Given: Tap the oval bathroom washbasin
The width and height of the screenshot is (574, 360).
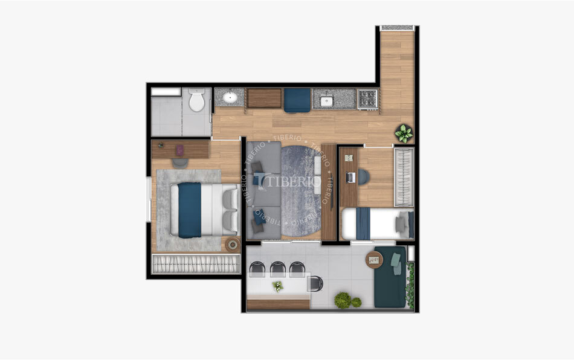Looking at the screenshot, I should tap(230, 97).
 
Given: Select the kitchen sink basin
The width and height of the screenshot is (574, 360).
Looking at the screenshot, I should tap(327, 100).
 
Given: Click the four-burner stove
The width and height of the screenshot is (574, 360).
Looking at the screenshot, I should tap(367, 98).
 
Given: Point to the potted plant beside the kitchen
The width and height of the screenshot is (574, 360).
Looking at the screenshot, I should tap(404, 133).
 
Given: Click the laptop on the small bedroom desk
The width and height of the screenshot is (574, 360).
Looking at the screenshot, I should tap(350, 178).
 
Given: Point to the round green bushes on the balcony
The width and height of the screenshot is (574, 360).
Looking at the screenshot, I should tap(345, 300).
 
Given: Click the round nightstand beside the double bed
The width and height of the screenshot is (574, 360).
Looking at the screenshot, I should tap(232, 245).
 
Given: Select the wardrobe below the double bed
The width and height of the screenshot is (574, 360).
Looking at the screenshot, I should tap(195, 264).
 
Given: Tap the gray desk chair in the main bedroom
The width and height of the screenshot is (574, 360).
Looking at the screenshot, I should tap(180, 162).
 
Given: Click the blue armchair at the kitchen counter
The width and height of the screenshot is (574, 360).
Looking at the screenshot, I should tap(297, 100).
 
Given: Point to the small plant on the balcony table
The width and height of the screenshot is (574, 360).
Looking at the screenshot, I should tap(277, 286).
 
